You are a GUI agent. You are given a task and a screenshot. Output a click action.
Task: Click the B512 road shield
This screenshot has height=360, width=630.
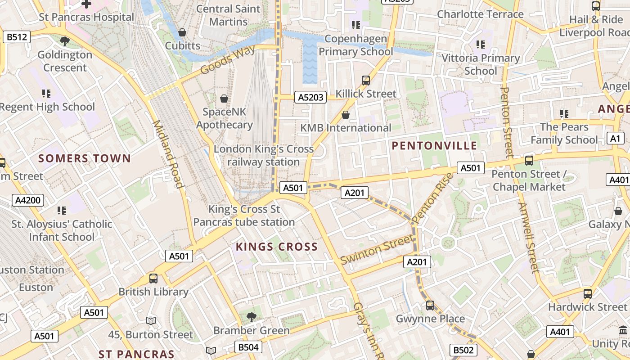pos(17,37)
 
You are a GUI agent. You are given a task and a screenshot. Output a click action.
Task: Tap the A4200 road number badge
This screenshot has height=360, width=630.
pos(28,200)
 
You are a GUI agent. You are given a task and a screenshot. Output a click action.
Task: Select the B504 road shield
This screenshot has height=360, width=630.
pos(248,347)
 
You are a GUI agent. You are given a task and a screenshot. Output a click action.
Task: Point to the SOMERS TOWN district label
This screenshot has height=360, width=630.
pos(84,158)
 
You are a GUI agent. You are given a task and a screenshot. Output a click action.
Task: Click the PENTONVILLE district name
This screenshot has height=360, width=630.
pos(434,145)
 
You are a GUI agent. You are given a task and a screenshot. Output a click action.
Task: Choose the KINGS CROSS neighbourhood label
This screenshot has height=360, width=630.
pos(277,247)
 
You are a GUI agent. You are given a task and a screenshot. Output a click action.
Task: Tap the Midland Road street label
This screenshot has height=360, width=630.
pos(169,154)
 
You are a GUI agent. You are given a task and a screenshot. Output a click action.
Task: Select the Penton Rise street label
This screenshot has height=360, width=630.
pos(432,198)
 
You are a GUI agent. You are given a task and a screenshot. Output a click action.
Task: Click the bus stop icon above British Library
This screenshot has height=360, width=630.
pos(153,278)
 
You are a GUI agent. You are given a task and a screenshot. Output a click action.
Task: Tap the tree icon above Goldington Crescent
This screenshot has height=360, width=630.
pos(65,41)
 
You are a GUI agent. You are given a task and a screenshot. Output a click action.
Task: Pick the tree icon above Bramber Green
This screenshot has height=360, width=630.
pos(252,317)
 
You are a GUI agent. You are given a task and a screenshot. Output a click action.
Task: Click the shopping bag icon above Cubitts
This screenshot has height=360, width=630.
pos(182,32)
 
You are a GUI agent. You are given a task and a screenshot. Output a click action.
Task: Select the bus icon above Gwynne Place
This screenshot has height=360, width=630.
pos(430,305)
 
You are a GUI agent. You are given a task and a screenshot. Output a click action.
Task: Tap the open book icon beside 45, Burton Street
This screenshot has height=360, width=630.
pos(151,321)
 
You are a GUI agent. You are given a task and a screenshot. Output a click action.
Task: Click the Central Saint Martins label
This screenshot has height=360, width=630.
pos(228,15)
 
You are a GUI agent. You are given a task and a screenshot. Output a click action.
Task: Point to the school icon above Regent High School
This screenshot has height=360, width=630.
pos(46,94)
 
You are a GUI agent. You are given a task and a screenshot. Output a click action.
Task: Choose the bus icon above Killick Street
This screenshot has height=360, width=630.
pos(366,81)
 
